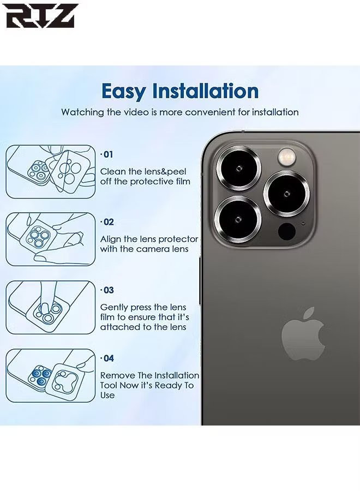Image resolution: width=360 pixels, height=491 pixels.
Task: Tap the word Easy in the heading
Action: pyautogui.click(x=124, y=92)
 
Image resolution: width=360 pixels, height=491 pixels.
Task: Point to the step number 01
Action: pyautogui.click(x=107, y=154)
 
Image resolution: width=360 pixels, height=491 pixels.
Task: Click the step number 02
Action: pyautogui.click(x=107, y=222)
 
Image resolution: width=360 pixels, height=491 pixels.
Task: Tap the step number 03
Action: pyautogui.click(x=107, y=290)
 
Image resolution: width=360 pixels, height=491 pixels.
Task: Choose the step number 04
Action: pyautogui.click(x=107, y=358)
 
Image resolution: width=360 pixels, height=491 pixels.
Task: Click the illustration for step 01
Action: pyautogui.click(x=51, y=172)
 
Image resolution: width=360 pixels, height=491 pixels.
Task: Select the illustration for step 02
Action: pyautogui.click(x=51, y=239)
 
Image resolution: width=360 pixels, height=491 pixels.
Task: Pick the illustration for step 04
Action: pyautogui.click(x=51, y=376)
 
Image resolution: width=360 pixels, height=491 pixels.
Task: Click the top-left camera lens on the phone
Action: pyautogui.click(x=238, y=169)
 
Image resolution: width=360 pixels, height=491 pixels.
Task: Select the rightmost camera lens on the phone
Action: pyautogui.click(x=286, y=194)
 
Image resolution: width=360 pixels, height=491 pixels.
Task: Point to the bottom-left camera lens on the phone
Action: pyautogui.click(x=238, y=219)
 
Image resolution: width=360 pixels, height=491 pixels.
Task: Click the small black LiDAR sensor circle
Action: pyautogui.click(x=287, y=231)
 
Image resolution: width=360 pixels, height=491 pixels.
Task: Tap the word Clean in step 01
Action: pyautogui.click(x=113, y=172)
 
